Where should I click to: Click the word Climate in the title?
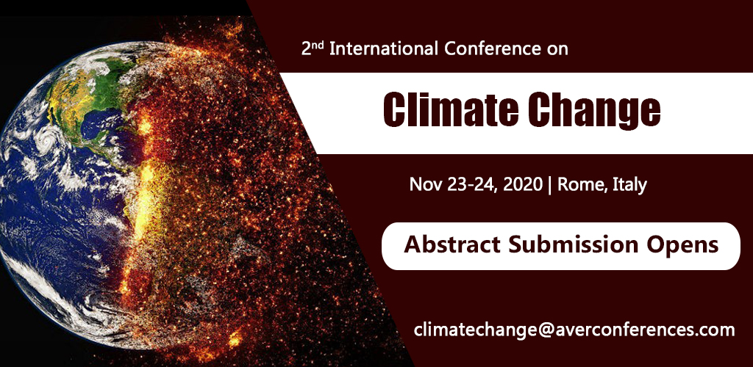(449, 110)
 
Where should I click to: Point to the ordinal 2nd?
(313, 48)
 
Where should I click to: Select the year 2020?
(523, 184)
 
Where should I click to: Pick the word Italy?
(629, 184)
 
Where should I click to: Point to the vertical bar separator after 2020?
(550, 185)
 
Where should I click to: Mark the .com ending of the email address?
(714, 330)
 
